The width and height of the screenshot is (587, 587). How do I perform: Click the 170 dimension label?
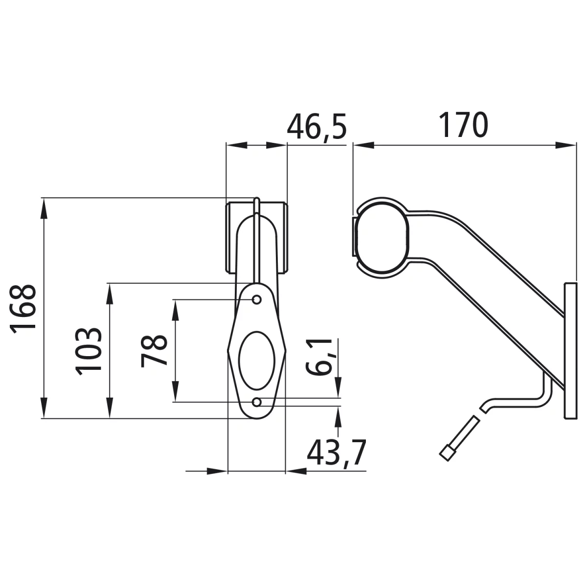click(x=463, y=125)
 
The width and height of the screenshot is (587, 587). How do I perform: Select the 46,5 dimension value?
click(x=317, y=127)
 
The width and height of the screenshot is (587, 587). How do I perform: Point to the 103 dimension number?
click(x=89, y=351)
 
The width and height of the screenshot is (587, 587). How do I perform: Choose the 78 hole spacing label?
click(x=154, y=351)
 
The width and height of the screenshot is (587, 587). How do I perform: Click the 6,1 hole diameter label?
click(x=319, y=357)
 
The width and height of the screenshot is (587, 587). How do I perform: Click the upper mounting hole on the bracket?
click(x=257, y=300)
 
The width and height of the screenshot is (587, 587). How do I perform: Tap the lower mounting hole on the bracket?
click(x=257, y=403)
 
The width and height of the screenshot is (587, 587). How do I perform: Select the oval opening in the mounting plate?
click(x=257, y=361)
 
